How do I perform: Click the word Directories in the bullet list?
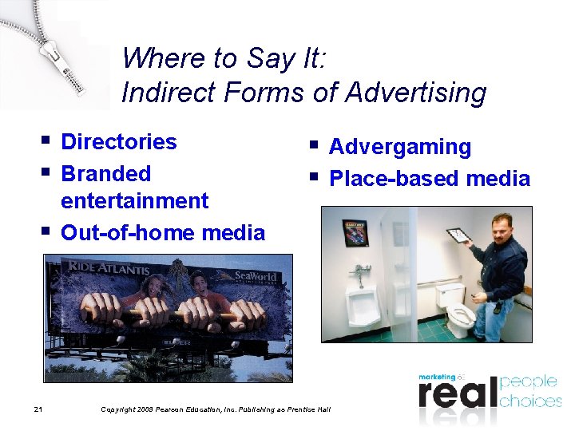(118, 142)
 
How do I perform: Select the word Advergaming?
(399, 147)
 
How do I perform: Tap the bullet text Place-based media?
(429, 179)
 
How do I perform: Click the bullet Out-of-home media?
(162, 233)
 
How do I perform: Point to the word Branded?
(105, 174)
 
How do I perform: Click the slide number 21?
(38, 409)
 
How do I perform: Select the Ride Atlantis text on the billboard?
(108, 268)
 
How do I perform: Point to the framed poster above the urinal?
(355, 232)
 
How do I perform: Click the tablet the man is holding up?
(459, 235)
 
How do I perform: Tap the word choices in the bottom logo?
(529, 400)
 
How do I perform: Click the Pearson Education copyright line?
(216, 409)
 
